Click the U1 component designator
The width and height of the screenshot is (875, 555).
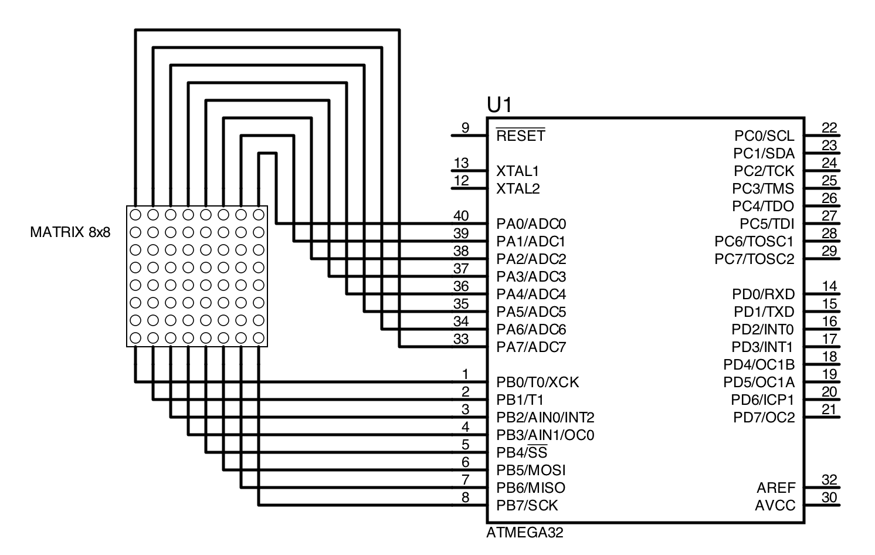pos(499,105)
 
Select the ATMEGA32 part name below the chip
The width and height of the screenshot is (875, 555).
pos(524,533)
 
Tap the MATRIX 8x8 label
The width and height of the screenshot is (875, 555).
pos(70,232)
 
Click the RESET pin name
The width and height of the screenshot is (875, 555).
pos(520,136)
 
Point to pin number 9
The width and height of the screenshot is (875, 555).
pos(465,128)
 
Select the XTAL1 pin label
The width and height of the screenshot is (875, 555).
pos(517,171)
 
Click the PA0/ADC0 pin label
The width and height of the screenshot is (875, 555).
pos(531,224)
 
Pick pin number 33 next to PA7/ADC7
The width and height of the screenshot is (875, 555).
pos(461,339)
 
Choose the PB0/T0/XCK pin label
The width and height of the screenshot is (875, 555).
pos(537,383)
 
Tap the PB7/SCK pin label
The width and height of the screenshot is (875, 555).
pos(527,506)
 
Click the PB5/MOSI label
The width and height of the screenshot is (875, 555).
pos(531,471)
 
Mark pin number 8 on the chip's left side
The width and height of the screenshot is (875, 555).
pos(465,498)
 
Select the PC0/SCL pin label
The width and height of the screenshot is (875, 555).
pos(764,136)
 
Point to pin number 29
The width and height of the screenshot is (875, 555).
pos(829,251)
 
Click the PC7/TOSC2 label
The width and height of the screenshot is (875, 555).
pos(754,259)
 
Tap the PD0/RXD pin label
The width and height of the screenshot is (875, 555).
pos(763,295)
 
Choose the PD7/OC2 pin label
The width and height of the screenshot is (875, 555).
pos(764,418)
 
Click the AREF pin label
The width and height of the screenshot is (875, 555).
pos(776,488)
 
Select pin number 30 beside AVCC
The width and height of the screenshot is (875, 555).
pos(829,498)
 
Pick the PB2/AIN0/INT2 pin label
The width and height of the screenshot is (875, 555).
pos(545,418)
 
